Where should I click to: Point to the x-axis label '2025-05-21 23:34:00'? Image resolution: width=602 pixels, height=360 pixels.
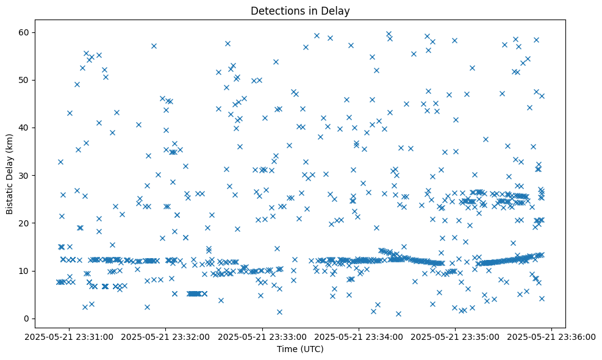359,336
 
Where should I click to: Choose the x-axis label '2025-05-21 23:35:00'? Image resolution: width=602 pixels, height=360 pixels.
456,336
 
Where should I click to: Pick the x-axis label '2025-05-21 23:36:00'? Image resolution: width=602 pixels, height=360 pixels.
552,336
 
